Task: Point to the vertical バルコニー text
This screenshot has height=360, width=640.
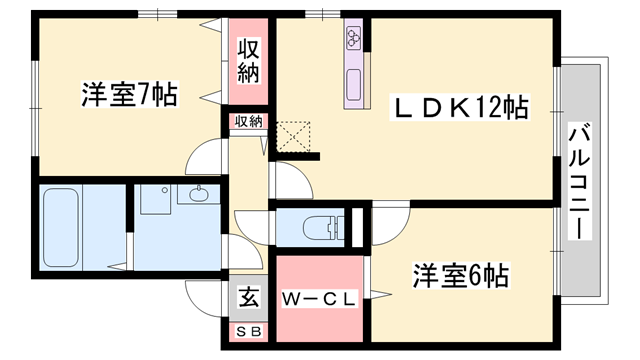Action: [580, 180]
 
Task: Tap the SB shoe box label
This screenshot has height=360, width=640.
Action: [246, 331]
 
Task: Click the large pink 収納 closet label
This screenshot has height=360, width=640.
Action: [249, 61]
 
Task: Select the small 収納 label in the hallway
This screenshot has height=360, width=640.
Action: [248, 122]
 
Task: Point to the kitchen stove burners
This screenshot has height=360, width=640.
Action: [354, 39]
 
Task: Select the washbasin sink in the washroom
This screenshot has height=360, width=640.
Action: [193, 196]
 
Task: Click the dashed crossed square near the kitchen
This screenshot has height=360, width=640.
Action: [293, 137]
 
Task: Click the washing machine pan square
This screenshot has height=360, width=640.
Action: [155, 199]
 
